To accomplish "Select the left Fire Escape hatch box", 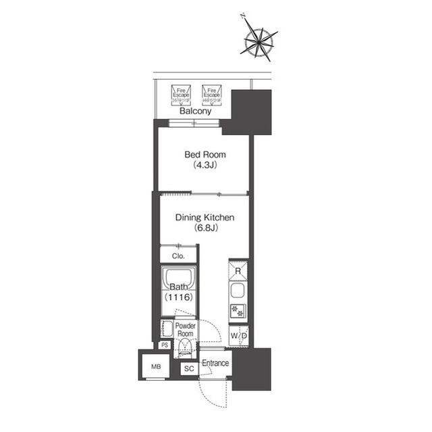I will click(x=181, y=93).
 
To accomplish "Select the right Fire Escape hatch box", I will click(x=211, y=93).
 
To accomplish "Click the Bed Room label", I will click(x=205, y=154).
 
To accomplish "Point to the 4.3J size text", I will click(x=205, y=164).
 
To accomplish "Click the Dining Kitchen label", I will click(x=205, y=218).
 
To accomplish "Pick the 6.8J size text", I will click(x=205, y=228).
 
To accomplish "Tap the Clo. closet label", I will click(x=178, y=256).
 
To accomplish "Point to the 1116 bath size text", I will click(x=178, y=297).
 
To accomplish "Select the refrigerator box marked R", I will click(x=238, y=271).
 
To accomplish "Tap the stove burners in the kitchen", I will click(x=238, y=311).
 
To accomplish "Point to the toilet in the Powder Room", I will click(x=184, y=349).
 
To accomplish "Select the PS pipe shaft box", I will click(x=164, y=345).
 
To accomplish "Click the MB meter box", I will click(x=157, y=367).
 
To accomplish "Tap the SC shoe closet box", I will click(x=188, y=369).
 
